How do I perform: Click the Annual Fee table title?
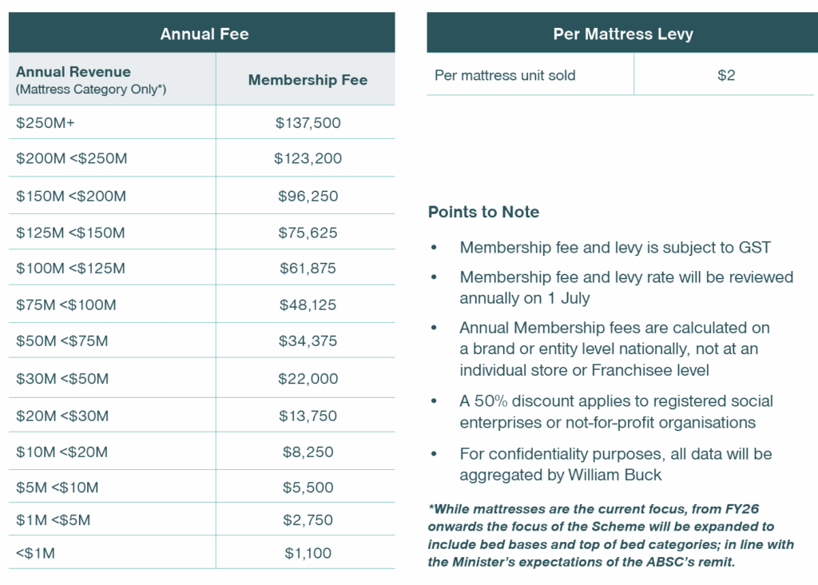click(x=204, y=34)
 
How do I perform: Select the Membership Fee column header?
click(x=308, y=80)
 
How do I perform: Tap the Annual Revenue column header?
click(x=73, y=72)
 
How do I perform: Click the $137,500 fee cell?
click(x=308, y=123)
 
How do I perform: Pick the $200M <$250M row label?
click(x=71, y=158)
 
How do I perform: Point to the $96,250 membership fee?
click(x=308, y=196)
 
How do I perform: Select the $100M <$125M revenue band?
click(x=70, y=269)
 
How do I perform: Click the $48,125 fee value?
click(x=308, y=304)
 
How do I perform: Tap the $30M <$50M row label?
click(x=62, y=379)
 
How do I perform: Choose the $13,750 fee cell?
click(x=308, y=416)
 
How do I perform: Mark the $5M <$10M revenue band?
click(x=58, y=488)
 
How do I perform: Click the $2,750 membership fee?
click(x=308, y=520)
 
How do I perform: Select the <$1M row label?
click(x=35, y=553)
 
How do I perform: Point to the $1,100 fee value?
click(x=308, y=553)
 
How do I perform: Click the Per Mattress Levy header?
click(x=623, y=34)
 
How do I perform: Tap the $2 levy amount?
click(x=725, y=76)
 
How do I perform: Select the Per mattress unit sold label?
click(x=505, y=76)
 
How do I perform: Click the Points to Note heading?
click(x=483, y=212)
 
